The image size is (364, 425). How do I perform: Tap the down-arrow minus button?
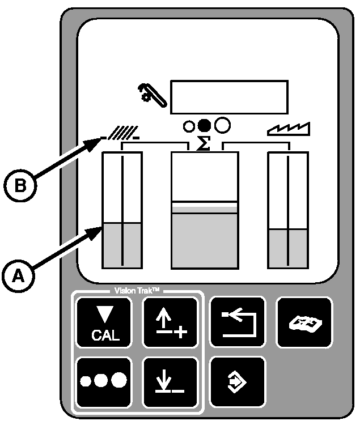click(170, 381)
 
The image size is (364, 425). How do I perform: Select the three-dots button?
click(104, 381)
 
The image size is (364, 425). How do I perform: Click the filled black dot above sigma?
click(204, 125)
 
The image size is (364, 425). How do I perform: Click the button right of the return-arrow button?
click(304, 321)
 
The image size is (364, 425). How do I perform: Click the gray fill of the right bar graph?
click(288, 248)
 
